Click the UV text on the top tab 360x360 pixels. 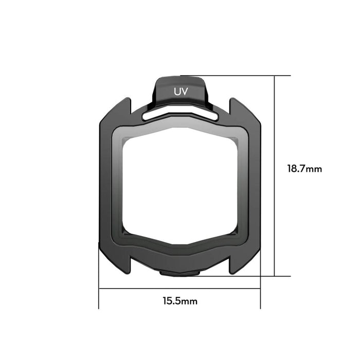180,92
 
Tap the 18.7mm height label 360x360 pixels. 304,169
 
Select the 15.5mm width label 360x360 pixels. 179,301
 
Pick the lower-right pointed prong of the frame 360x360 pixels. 235,265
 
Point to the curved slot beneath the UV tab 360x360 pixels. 180,115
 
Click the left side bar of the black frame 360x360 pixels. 106,185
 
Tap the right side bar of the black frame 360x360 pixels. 254,185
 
